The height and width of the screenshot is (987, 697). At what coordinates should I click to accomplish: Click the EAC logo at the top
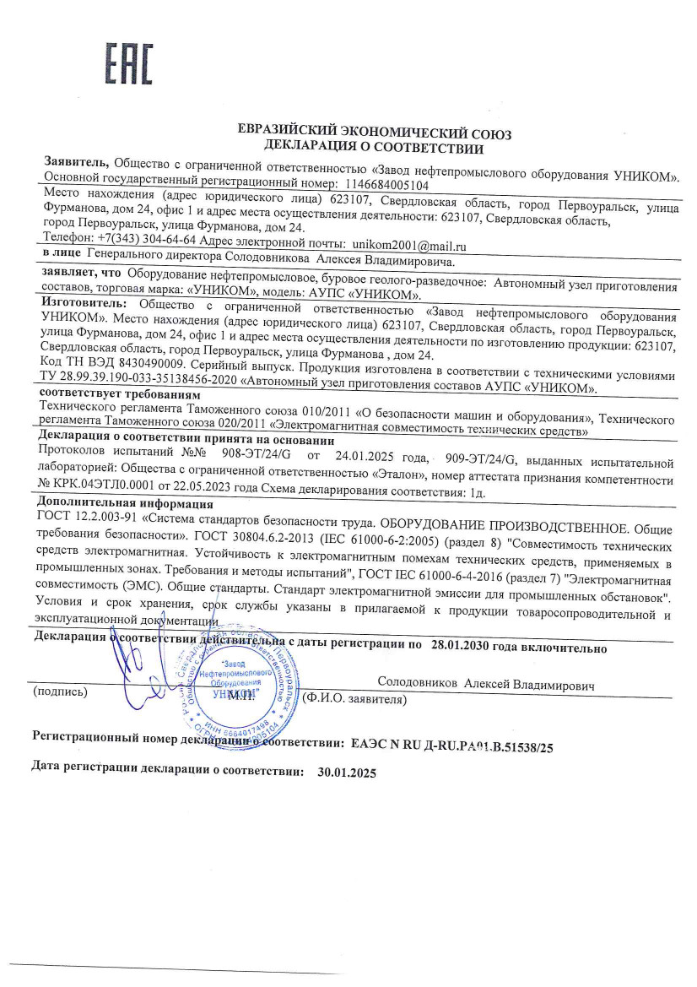pyautogui.click(x=127, y=62)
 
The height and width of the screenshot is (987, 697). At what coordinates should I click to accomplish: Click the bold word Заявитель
pyautogui.click(x=75, y=161)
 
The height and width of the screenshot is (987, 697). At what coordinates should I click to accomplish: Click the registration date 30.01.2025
pyautogui.click(x=346, y=772)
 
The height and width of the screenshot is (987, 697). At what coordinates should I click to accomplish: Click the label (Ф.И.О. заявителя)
pyautogui.click(x=354, y=699)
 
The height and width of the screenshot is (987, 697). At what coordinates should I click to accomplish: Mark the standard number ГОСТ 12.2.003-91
pyautogui.click(x=95, y=518)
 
